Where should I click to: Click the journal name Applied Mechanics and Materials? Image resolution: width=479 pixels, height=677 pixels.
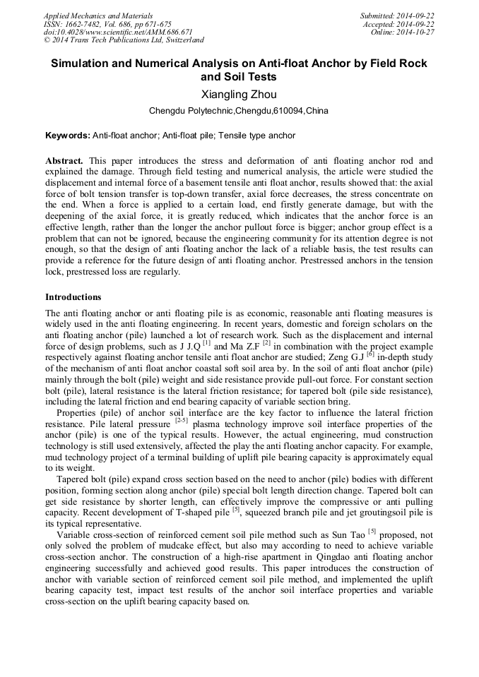coord(98,16)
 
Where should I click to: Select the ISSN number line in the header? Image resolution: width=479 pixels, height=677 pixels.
coord(107,24)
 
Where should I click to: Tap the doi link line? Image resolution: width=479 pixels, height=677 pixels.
coord(118,32)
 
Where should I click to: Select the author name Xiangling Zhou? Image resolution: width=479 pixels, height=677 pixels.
coord(239,95)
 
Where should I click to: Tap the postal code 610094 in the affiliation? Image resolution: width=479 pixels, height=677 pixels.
coord(286,112)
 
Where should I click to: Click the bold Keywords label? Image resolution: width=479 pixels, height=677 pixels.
coord(67,136)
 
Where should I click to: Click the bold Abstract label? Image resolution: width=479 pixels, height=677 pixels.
coord(64,161)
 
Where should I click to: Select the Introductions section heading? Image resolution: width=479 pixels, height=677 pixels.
coord(73,297)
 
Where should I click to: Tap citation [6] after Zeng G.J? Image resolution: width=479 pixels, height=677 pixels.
coord(371,354)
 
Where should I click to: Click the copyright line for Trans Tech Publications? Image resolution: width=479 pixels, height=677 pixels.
coord(124,41)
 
